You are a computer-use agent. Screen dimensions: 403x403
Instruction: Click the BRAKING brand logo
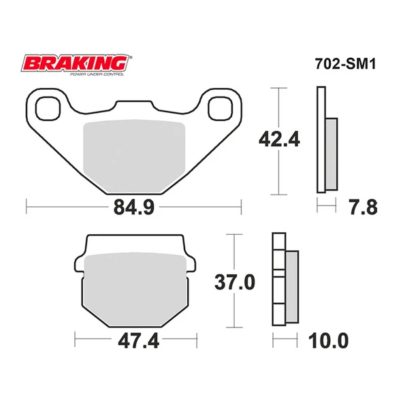point(76,63)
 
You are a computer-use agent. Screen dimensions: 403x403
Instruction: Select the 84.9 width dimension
point(133,205)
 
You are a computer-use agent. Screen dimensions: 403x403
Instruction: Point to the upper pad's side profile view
point(326,142)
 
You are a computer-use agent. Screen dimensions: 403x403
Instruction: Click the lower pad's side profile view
point(285,279)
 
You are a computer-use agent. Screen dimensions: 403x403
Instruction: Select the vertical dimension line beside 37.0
point(235,280)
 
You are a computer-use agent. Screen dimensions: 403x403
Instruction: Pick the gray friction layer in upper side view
point(332,154)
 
